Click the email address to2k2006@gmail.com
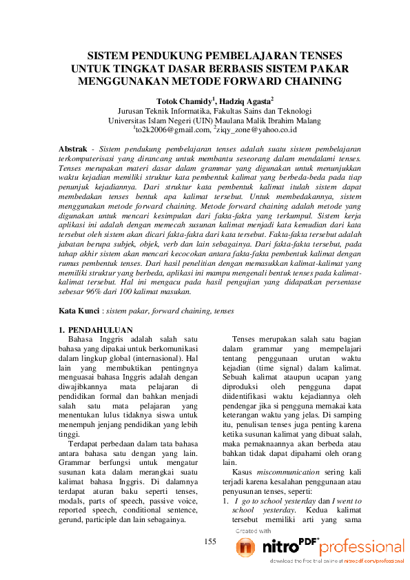point(172,128)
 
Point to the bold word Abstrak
point(72,149)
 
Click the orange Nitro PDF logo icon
point(245,547)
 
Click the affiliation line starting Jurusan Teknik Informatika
point(214,110)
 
